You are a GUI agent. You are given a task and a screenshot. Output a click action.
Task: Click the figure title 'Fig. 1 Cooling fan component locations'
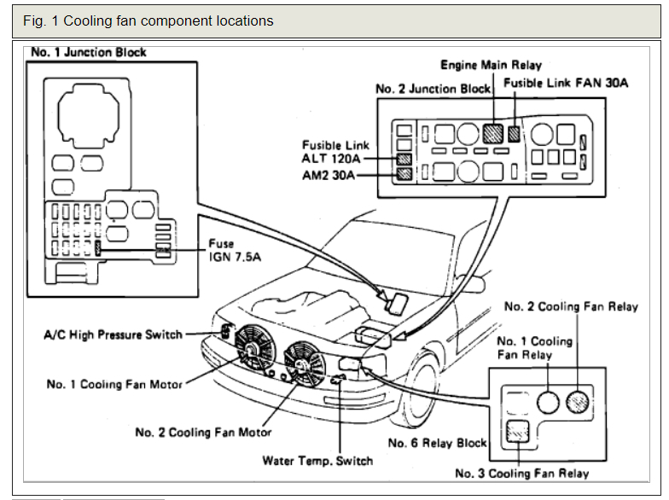(x=148, y=20)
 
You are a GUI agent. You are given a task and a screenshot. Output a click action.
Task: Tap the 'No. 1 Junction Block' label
(x=89, y=53)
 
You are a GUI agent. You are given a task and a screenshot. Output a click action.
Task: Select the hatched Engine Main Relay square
(x=493, y=133)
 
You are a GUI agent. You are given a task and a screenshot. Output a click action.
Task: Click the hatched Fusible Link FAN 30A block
(x=514, y=134)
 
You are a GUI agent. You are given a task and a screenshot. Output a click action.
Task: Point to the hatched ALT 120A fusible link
(x=404, y=159)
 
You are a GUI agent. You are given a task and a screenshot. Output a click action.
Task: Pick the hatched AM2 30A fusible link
(x=404, y=174)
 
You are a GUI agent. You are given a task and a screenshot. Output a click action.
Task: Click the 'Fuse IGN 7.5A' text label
(x=234, y=251)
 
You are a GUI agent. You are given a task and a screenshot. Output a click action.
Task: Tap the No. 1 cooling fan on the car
(x=255, y=346)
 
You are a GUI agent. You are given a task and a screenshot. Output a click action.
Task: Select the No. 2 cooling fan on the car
(x=304, y=364)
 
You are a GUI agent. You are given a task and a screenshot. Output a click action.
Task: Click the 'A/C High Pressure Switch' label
(x=113, y=334)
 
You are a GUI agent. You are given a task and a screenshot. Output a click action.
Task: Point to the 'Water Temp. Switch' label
(x=317, y=461)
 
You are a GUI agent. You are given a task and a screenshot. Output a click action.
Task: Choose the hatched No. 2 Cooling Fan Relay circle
(x=577, y=403)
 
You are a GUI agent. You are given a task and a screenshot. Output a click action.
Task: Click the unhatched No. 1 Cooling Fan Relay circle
(x=548, y=403)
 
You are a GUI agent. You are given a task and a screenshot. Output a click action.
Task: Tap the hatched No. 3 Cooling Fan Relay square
(x=517, y=432)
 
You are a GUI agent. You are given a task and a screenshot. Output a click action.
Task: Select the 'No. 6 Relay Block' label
(x=437, y=443)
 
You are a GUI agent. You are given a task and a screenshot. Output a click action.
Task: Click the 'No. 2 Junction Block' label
(x=433, y=89)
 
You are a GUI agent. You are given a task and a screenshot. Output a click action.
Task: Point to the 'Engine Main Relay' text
(x=491, y=65)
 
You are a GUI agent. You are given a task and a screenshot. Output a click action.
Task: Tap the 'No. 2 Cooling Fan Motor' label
(x=203, y=432)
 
